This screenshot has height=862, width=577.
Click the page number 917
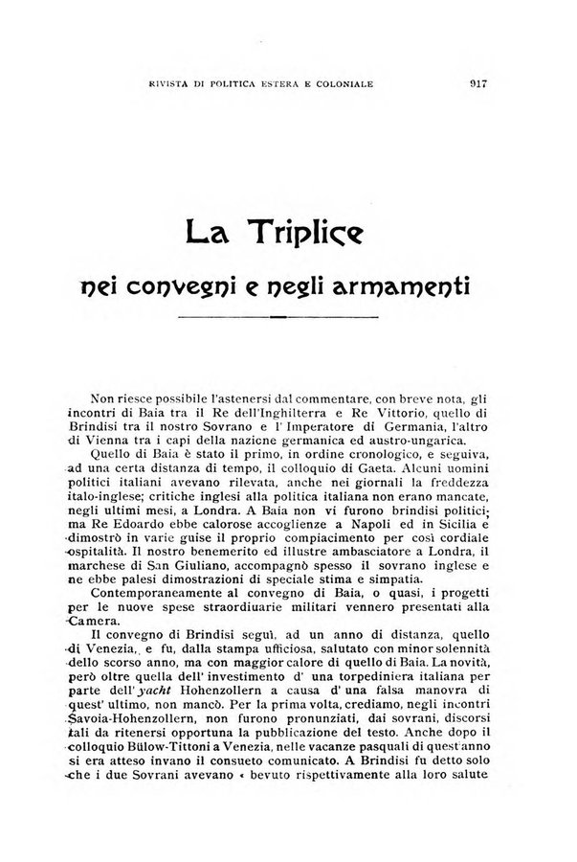point(479,83)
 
